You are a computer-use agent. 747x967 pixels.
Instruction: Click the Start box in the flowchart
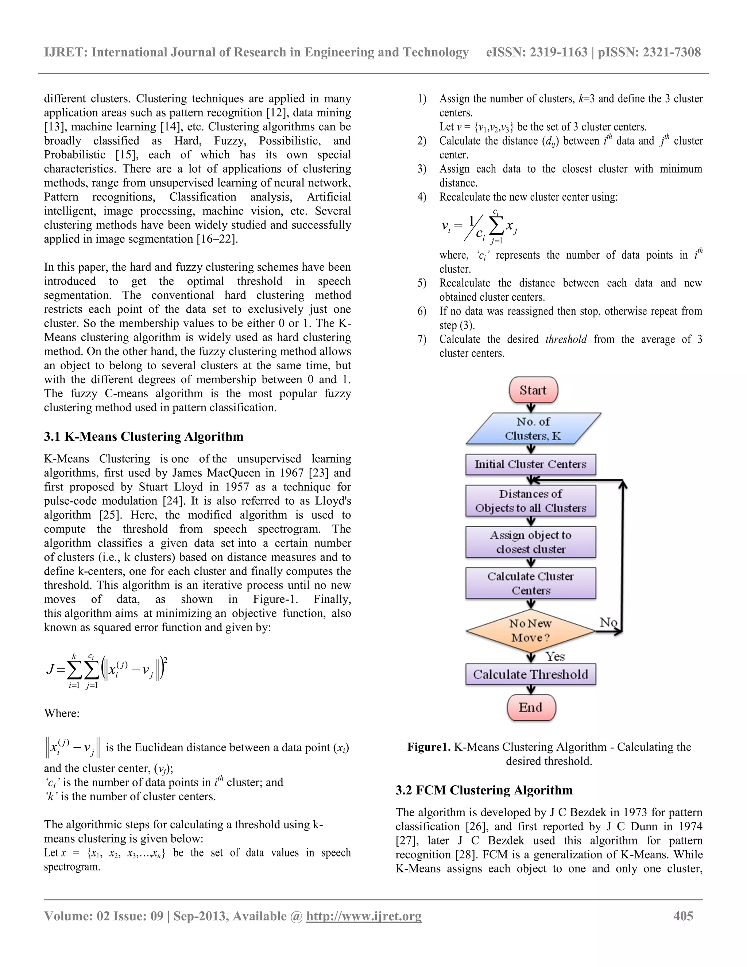point(533,390)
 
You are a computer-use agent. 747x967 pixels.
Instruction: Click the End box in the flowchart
point(531,707)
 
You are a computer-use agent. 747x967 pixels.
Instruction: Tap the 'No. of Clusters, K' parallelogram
point(533,429)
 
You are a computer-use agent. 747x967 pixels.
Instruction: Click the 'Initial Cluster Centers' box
point(531,465)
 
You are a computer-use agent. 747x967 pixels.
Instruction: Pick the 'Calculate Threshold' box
point(531,674)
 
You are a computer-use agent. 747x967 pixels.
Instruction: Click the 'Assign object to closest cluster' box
point(531,542)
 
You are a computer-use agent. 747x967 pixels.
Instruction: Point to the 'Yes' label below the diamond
point(555,656)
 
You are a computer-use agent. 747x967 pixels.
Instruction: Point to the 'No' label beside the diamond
point(608,622)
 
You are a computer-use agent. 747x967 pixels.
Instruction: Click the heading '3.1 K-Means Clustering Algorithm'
point(143,436)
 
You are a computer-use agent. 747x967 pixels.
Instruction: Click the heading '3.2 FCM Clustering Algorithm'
point(484,790)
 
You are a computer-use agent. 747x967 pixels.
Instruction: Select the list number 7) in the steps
point(422,340)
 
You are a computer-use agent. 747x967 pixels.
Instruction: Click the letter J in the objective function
point(50,669)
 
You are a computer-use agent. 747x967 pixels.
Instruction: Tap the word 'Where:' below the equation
point(62,713)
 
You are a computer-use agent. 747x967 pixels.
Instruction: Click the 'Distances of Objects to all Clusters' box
point(531,501)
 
